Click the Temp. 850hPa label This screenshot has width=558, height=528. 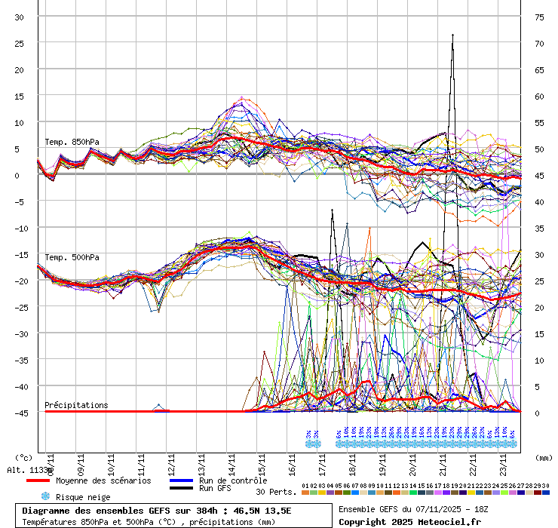point(72,142)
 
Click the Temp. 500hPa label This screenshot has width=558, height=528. point(72,257)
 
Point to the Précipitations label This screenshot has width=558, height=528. point(76,405)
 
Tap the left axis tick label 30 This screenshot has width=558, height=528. point(20,17)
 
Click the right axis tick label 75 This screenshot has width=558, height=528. point(539,17)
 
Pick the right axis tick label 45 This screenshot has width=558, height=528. point(539,176)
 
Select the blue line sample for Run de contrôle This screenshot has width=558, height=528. point(182,480)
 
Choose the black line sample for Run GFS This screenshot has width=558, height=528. point(182,488)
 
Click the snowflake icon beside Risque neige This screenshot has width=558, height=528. point(44,496)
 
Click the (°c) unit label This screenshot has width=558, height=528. point(23,457)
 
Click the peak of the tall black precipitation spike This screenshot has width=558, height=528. point(452,35)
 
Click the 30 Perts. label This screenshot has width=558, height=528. point(275,492)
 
